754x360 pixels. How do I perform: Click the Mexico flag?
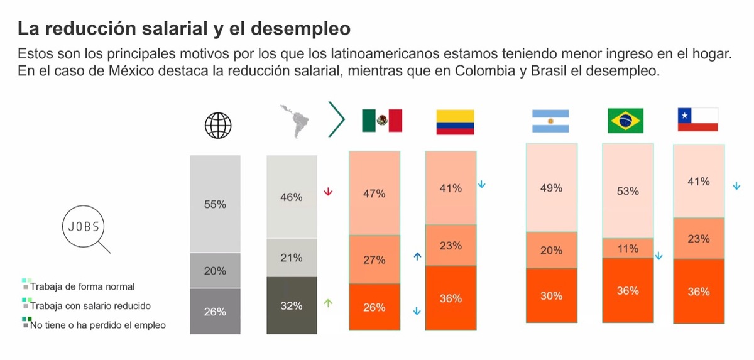pyautogui.click(x=381, y=121)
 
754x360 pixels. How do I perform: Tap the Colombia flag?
pyautogui.click(x=455, y=122)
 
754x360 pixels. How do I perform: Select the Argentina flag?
pyautogui.click(x=550, y=121)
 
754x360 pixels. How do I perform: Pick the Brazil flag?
pyautogui.click(x=625, y=121)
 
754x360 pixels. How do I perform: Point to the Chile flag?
pyautogui.click(x=697, y=119)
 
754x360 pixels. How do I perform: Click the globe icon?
pyautogui.click(x=218, y=125)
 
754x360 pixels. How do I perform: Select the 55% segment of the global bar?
pyautogui.click(x=215, y=204)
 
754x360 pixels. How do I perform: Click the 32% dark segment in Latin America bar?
pyautogui.click(x=291, y=306)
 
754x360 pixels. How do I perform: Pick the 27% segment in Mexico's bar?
pyautogui.click(x=374, y=259)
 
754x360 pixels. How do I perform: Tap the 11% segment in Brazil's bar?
pyautogui.click(x=628, y=248)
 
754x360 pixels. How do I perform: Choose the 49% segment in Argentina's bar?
pyautogui.click(x=551, y=187)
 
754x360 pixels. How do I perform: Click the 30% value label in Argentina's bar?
pyautogui.click(x=551, y=296)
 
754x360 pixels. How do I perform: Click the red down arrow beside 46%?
pyautogui.click(x=327, y=192)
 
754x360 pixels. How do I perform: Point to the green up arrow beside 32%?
pyautogui.click(x=327, y=303)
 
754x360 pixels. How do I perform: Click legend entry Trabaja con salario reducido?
pyautogui.click(x=90, y=306)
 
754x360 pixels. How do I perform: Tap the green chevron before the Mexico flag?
pyautogui.click(x=337, y=117)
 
